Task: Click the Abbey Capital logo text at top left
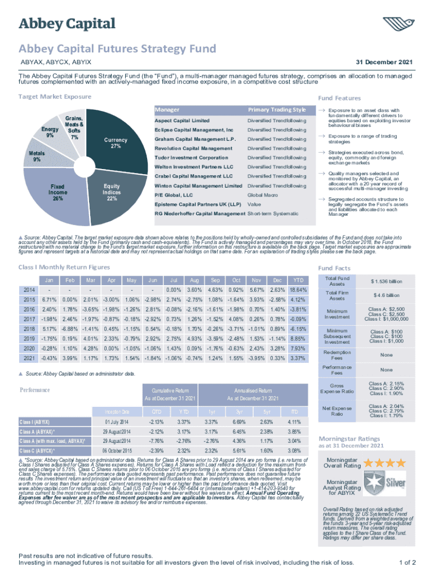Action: [x=68, y=24]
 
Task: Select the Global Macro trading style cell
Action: [x=263, y=194]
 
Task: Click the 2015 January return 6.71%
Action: [x=50, y=299]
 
